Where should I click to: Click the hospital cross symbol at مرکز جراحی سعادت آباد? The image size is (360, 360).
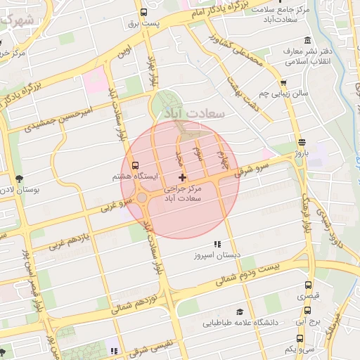183,177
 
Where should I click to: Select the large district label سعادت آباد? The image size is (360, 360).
193,112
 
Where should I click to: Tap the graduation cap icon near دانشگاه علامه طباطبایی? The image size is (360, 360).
240,311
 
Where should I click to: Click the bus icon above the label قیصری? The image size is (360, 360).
308,285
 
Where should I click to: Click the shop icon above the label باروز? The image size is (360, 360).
302,141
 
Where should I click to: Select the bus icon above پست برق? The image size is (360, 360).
144,13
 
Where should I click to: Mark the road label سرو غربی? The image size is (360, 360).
117,205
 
